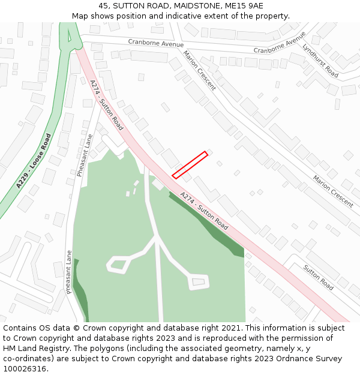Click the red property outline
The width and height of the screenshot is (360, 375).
(x=190, y=165)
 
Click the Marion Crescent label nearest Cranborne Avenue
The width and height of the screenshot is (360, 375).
(x=199, y=70)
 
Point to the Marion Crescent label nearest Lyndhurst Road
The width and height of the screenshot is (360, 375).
(x=333, y=191)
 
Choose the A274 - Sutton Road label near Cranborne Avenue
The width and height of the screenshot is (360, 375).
(x=106, y=105)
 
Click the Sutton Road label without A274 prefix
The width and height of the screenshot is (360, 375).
(x=318, y=277)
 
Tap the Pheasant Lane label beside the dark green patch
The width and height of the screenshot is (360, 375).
(x=70, y=272)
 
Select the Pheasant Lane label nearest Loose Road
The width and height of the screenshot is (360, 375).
(x=85, y=155)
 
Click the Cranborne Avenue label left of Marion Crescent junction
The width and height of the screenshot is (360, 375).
(x=156, y=43)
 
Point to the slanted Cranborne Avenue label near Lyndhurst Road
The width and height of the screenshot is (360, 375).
(x=280, y=43)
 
